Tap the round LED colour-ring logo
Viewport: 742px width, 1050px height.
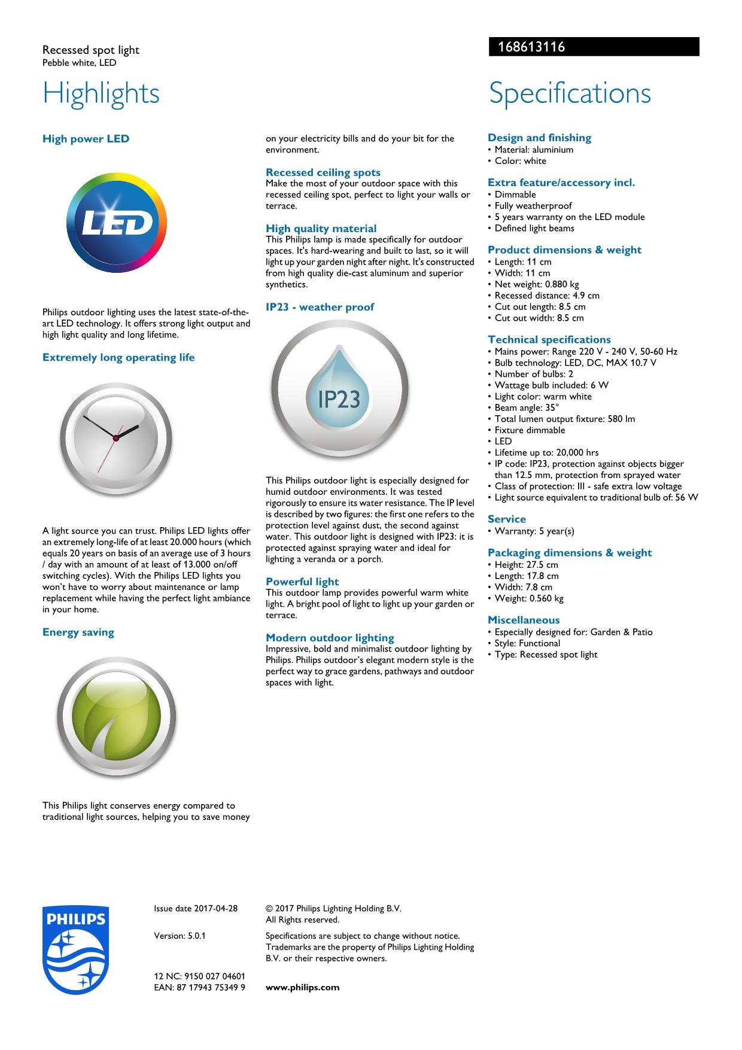[x=117, y=223]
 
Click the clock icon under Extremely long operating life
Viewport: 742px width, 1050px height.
[x=116, y=439]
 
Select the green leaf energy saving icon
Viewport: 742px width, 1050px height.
[x=116, y=717]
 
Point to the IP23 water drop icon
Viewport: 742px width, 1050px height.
[x=339, y=389]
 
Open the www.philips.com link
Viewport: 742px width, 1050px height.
[x=302, y=987]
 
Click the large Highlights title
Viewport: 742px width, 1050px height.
[x=101, y=93]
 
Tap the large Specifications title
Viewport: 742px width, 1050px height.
[x=570, y=93]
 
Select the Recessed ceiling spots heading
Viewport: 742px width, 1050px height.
[x=323, y=172]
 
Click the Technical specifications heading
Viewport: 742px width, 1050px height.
[x=549, y=339]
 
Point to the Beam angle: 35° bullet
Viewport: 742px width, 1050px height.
[x=527, y=407]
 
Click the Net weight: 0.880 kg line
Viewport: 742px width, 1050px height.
[x=537, y=284]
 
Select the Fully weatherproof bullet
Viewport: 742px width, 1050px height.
[x=533, y=206]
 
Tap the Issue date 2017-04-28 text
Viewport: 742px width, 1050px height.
[x=196, y=908]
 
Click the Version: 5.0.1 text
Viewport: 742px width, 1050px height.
[x=180, y=936]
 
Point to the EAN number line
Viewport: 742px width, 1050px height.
[x=199, y=987]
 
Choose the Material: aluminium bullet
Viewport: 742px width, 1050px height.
[x=534, y=150]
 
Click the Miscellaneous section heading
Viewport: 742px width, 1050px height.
[x=524, y=620]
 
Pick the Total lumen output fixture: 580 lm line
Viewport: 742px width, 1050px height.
[x=565, y=419]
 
